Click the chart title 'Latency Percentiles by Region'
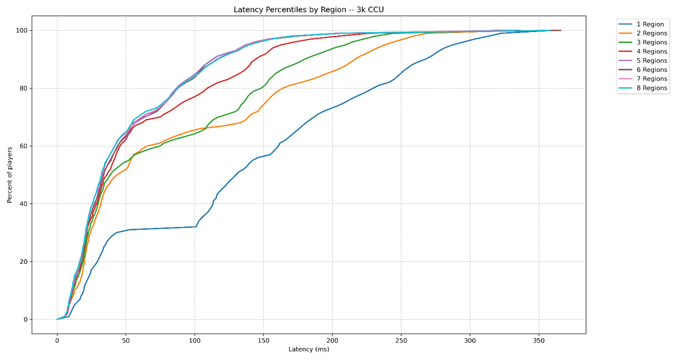[x=308, y=10]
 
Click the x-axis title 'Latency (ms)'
[x=309, y=350]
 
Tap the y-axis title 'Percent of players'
[x=10, y=175]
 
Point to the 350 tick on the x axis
[x=539, y=340]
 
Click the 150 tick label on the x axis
[x=263, y=340]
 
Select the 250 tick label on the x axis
[x=401, y=340]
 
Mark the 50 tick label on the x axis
[x=126, y=340]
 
